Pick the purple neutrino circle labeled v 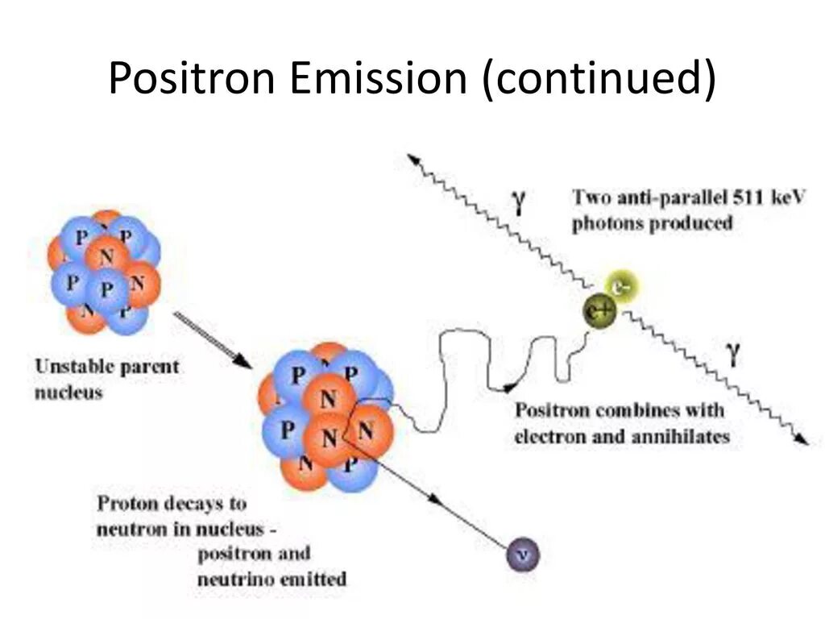tap(523, 554)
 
